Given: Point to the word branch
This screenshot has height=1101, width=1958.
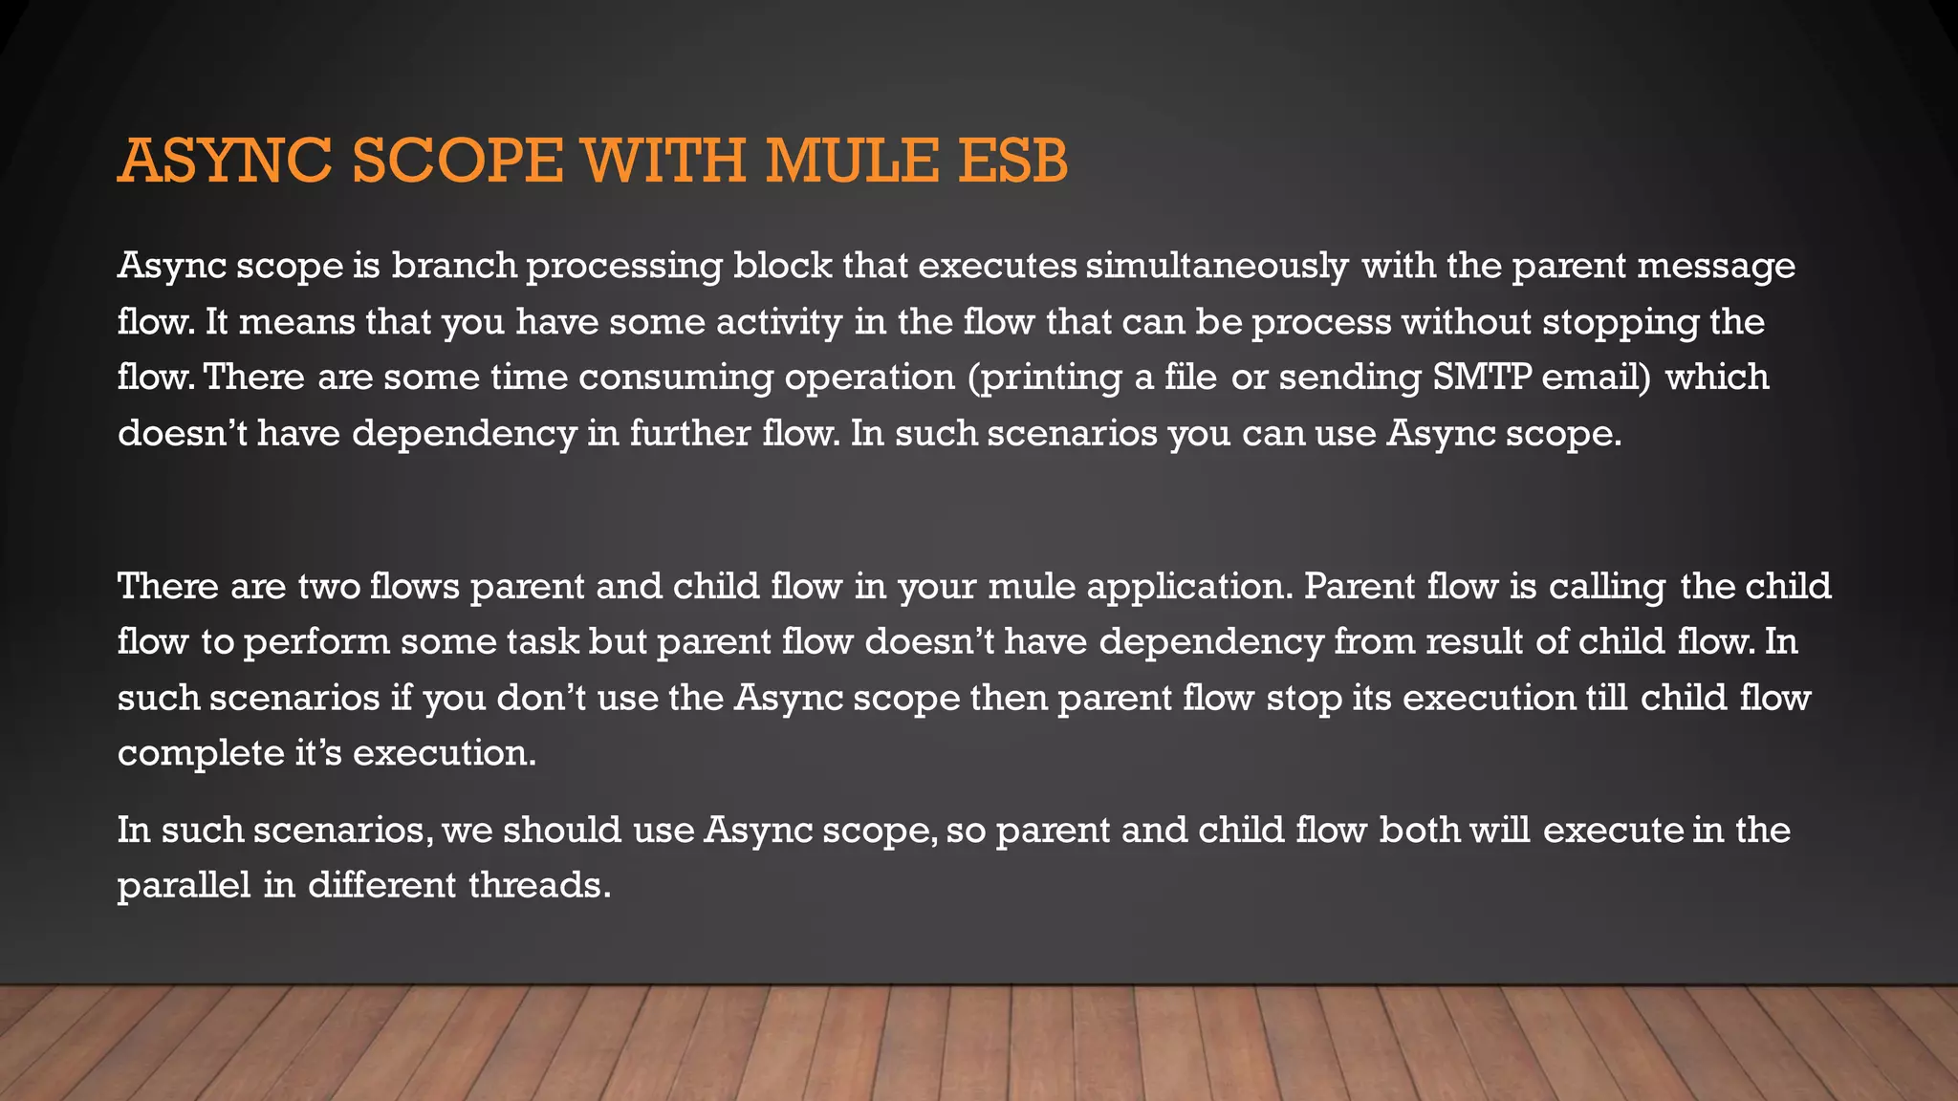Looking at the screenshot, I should point(454,266).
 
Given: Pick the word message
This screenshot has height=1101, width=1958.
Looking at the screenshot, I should point(1716,266).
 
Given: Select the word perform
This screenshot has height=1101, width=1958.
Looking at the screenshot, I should point(316,641).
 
